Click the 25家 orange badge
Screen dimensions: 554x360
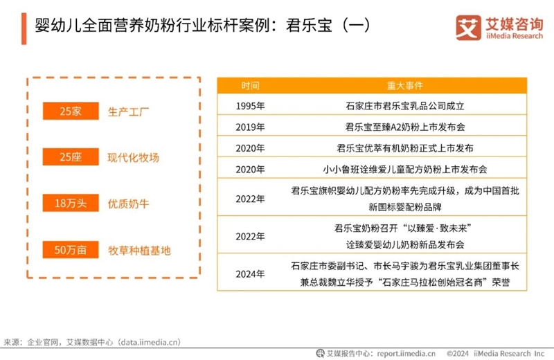coord(71,111)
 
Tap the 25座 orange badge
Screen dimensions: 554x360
coord(71,156)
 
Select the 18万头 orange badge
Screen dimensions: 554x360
coord(71,203)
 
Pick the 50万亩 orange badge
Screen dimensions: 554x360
coord(71,250)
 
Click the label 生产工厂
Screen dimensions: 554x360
coord(128,112)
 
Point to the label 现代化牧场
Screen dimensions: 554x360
coord(133,158)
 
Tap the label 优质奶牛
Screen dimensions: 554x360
coord(128,204)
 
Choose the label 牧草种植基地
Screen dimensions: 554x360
coord(139,251)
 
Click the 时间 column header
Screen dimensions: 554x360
coord(250,85)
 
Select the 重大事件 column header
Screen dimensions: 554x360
coord(405,85)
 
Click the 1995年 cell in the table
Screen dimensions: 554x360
coord(250,106)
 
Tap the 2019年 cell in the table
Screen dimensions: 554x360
coord(250,127)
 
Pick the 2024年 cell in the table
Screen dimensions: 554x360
coord(250,273)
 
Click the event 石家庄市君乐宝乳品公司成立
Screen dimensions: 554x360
coord(405,106)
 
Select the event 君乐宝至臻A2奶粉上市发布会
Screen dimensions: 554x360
coord(405,127)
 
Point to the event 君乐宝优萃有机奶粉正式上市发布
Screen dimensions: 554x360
coord(405,148)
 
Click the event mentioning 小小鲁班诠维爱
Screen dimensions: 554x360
coord(405,169)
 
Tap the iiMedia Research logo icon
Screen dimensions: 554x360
coord(468,28)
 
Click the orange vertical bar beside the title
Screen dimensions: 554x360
coord(24,28)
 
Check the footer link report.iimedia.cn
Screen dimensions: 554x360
coord(406,353)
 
